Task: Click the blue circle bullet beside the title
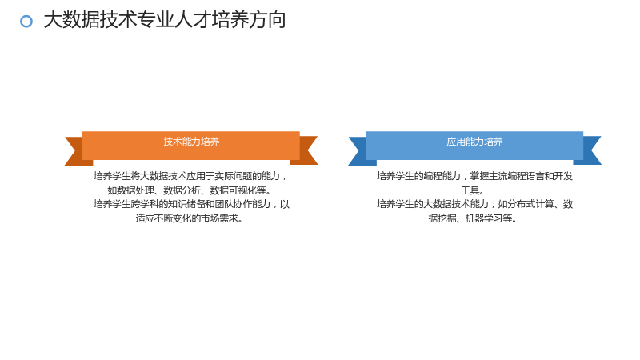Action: click(26, 22)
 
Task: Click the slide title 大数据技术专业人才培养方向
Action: click(165, 20)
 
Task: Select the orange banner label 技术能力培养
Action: click(191, 142)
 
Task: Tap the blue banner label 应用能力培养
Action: click(474, 142)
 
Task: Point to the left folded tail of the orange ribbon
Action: click(75, 150)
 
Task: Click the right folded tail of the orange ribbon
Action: click(307, 150)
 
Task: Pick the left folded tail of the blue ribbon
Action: click(359, 150)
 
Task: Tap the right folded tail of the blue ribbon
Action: click(590, 150)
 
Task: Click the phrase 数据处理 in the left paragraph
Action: click(135, 190)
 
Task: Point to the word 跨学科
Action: click(145, 204)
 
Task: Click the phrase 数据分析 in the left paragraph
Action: click(182, 190)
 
